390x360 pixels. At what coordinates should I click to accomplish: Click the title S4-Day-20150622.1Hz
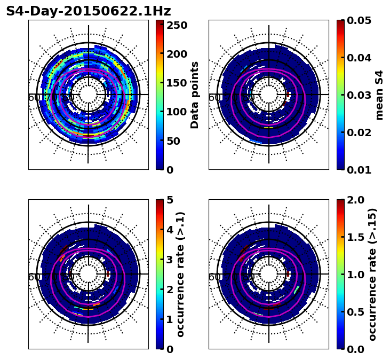coord(89,11)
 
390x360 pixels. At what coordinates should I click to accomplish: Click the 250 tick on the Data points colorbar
coord(177,25)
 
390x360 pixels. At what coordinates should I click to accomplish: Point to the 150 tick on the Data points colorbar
coord(177,83)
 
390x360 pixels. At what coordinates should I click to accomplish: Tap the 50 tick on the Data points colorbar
coord(177,141)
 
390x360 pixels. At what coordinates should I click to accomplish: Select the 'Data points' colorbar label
coord(195,95)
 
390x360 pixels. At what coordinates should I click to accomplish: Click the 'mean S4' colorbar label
coord(379,95)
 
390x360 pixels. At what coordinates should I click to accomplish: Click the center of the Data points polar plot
coord(89,95)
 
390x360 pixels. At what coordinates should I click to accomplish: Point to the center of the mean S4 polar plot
coord(269,95)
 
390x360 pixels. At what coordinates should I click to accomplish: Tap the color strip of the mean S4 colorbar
coord(340,95)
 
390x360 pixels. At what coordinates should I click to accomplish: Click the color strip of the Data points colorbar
coord(160,95)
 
